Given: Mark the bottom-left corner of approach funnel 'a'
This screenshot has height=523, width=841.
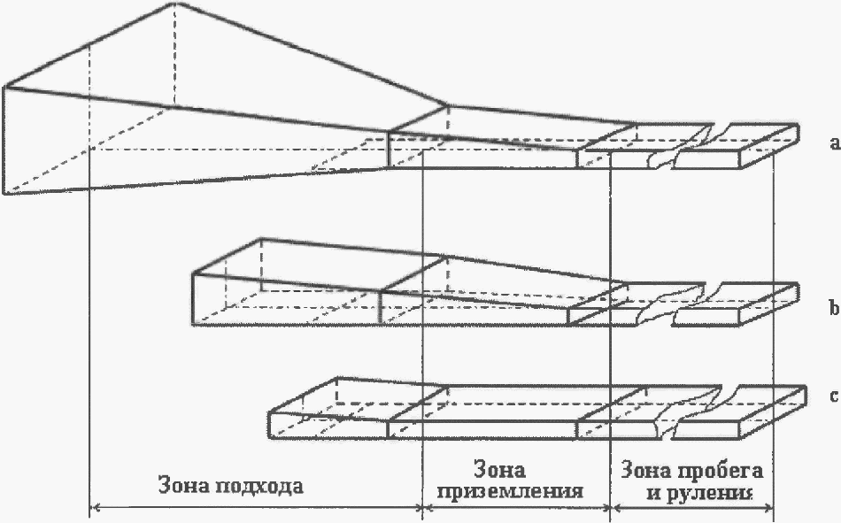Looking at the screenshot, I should click(7, 192).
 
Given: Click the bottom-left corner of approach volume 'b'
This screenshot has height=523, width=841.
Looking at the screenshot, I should click(194, 325).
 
